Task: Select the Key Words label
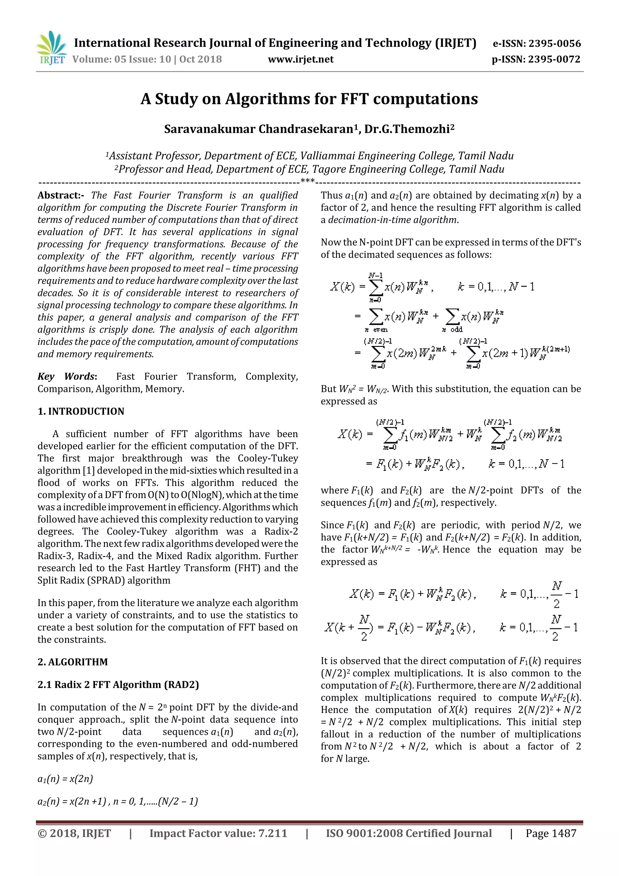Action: click(x=67, y=376)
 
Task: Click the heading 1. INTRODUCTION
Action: click(x=81, y=411)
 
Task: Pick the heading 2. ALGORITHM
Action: click(x=73, y=662)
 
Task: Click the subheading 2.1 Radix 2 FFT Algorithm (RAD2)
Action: click(x=118, y=685)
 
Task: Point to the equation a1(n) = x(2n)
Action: click(x=65, y=779)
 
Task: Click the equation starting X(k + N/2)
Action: click(x=400, y=628)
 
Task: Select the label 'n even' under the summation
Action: click(x=376, y=330)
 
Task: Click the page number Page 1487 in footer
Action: click(x=551, y=833)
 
